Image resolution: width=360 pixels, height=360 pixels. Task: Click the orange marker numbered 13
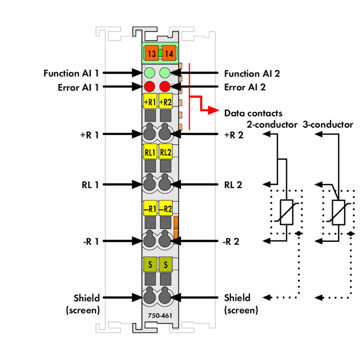pyautogui.click(x=151, y=54)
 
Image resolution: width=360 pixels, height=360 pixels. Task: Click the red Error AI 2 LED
pyautogui.click(x=165, y=87)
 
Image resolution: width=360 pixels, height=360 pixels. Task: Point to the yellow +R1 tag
pyautogui.click(x=150, y=102)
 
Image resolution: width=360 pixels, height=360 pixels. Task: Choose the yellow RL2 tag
pyautogui.click(x=165, y=153)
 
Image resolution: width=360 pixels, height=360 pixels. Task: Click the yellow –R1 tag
pyautogui.click(x=150, y=209)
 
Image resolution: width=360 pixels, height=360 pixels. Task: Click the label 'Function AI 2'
pyautogui.click(x=252, y=73)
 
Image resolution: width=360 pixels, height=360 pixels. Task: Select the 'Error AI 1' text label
pyautogui.click(x=72, y=87)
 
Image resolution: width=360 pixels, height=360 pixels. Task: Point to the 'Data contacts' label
pyautogui.click(x=253, y=113)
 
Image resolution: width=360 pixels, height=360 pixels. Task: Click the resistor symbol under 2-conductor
pyautogui.click(x=287, y=212)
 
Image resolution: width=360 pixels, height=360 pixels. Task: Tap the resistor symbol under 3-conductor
pyautogui.click(x=339, y=212)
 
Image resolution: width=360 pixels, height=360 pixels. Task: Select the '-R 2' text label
pyautogui.click(x=233, y=241)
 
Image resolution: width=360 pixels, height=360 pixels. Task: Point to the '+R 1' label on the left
pyautogui.click(x=89, y=135)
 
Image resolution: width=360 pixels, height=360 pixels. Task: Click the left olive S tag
pyautogui.click(x=150, y=264)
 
